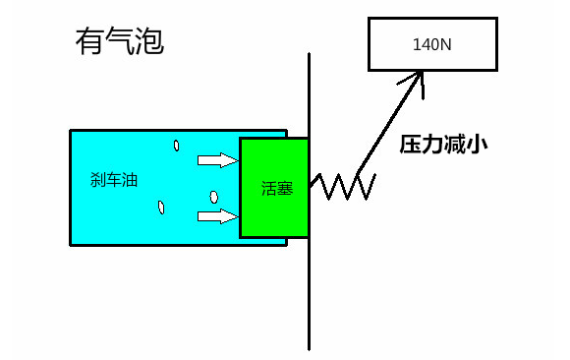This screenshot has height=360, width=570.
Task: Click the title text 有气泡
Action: coord(119,41)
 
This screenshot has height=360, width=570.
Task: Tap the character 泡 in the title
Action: coord(148,41)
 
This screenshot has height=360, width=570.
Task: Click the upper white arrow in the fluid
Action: coord(217,159)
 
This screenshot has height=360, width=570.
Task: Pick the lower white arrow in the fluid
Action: coord(217,215)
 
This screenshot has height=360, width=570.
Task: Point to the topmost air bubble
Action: coord(176,146)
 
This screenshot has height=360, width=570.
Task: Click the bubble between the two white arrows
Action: coord(213,195)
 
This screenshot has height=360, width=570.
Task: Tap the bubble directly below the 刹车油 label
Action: coord(160,207)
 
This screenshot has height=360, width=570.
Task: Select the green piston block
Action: coord(274,187)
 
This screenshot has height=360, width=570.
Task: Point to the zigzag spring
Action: coord(342,185)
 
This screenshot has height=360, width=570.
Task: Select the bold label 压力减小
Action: coord(444,144)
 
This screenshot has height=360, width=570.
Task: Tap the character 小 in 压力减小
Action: coord(478,144)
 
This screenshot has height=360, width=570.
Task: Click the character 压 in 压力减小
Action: coord(411,144)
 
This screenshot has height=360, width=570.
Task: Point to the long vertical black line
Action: coord(310,295)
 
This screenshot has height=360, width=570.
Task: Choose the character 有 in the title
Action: coord(89,41)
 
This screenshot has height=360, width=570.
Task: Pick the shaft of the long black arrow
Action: coord(390,128)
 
